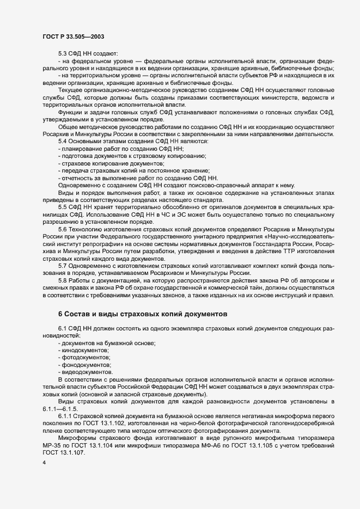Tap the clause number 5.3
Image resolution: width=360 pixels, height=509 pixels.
point(63,53)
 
